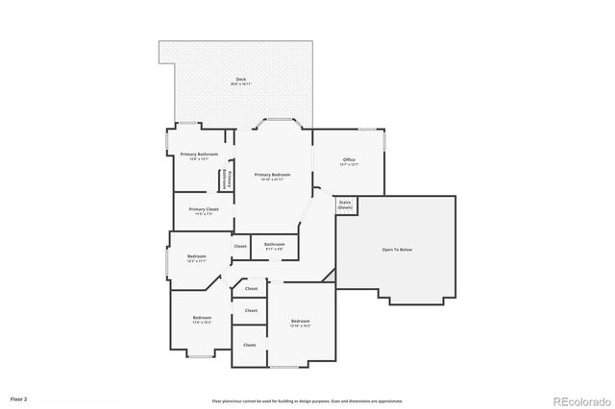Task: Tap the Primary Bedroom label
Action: [x=272, y=175]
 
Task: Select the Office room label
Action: [x=349, y=159]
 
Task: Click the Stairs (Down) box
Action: [x=345, y=204]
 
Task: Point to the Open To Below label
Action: [x=397, y=250]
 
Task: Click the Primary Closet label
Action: [x=203, y=209]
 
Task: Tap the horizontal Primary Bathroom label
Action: [x=199, y=154]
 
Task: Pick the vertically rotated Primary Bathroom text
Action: [x=229, y=179]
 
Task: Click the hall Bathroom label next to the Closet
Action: [x=274, y=244]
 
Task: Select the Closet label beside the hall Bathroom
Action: [x=240, y=247]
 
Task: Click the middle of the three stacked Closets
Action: [x=251, y=310]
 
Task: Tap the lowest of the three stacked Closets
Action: [x=249, y=345]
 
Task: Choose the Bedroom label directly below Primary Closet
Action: [x=196, y=256]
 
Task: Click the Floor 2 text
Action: [x=19, y=397]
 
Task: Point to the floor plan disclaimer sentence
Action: [x=307, y=401]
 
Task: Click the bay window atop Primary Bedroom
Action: [x=280, y=122]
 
